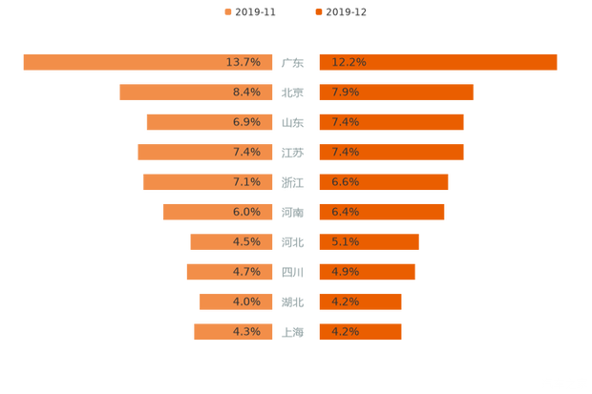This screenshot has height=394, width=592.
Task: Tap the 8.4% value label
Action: (x=246, y=93)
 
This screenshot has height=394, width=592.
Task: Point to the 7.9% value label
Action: (x=345, y=93)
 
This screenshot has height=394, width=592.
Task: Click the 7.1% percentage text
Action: (x=246, y=182)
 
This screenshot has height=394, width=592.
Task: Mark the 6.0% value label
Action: (x=246, y=213)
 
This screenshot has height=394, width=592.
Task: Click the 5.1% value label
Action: (x=345, y=242)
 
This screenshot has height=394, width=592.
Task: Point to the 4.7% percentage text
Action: (x=246, y=272)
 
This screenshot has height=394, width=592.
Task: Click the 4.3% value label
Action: (x=246, y=332)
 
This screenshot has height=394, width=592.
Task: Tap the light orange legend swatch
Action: (x=226, y=12)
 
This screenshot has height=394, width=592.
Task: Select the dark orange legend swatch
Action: (x=317, y=12)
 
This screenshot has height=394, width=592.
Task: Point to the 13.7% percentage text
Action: (x=243, y=62)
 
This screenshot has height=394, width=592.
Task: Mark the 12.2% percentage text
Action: (x=349, y=62)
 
